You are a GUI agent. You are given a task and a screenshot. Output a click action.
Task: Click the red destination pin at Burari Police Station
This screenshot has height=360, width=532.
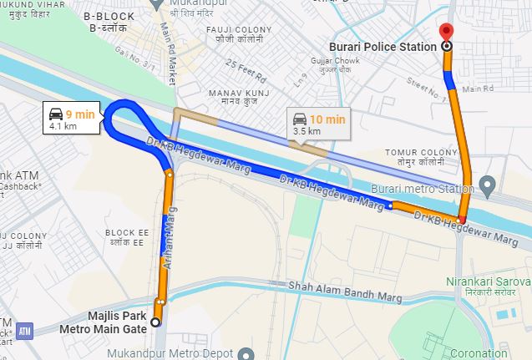click(x=446, y=34)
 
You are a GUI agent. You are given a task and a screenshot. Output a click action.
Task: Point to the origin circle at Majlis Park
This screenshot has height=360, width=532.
click(x=155, y=322)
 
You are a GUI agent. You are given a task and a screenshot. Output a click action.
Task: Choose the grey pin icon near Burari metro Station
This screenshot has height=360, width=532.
click(x=490, y=184)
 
